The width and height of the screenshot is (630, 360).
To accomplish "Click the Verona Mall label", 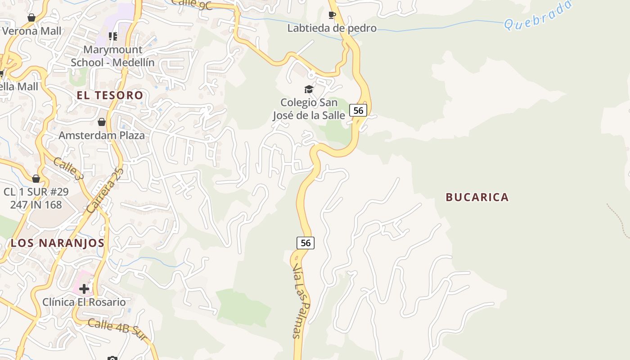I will coord(31,31).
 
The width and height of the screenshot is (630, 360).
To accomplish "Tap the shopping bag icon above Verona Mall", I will coord(31,18).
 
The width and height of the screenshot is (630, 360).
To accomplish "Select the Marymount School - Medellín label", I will coord(112,56).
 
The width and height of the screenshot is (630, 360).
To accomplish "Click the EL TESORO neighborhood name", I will coord(110,95).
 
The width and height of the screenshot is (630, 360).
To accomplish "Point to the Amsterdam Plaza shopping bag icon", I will coord(102,122).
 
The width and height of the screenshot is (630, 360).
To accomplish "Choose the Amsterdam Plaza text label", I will coord(102,135).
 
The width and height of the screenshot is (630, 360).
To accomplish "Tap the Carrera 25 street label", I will coord(105,190).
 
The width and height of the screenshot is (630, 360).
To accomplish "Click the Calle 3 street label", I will coord(68,168).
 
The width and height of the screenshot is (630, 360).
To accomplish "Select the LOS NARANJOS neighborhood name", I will coord(58,243).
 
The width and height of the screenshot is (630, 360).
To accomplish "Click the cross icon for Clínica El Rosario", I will coord(84,288).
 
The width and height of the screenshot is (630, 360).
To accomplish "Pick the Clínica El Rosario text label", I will coord(84,301).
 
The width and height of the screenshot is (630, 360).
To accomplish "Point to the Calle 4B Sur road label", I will coord(117,329).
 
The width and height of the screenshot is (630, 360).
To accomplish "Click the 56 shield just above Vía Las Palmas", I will coord(306,243).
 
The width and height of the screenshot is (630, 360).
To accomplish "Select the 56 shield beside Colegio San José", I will coord(358,110).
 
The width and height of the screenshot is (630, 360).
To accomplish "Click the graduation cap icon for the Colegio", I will coord(309,89).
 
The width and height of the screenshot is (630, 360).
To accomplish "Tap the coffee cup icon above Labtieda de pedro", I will coord(332,15).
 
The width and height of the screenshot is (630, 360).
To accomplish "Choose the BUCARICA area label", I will coord(477,197).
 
